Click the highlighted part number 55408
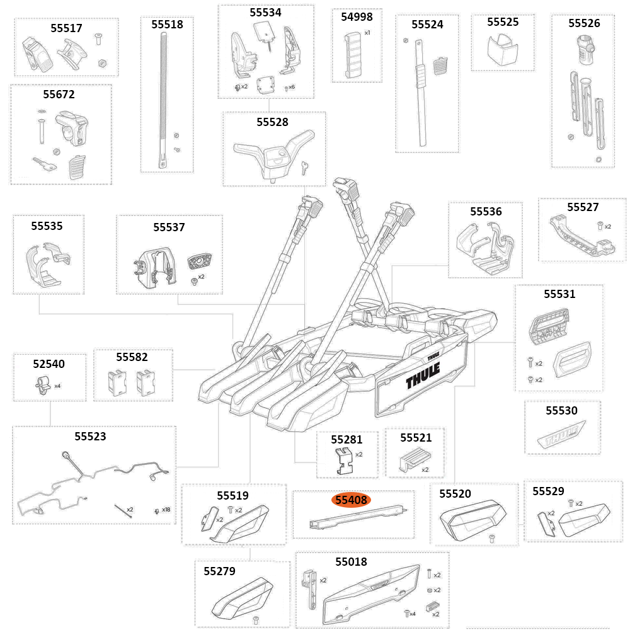[x=352, y=500]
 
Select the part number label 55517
[x=66, y=28]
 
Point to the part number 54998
[x=357, y=17]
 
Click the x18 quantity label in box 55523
[x=166, y=509]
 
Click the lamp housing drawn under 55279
[x=243, y=599]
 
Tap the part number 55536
[x=486, y=211]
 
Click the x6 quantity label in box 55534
[x=291, y=87]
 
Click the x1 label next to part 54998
[x=367, y=32]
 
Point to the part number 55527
[x=582, y=207]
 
